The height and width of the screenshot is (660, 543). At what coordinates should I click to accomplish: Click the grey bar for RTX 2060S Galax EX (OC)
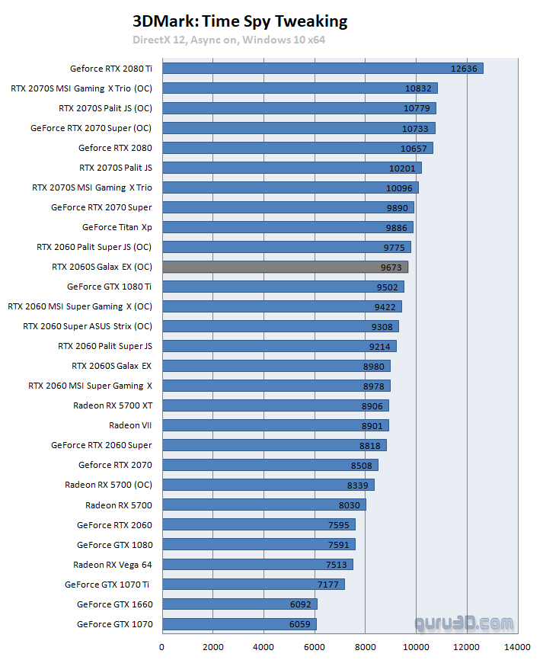pyautogui.click(x=285, y=267)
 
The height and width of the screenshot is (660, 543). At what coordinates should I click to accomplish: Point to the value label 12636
pyautogui.click(x=464, y=69)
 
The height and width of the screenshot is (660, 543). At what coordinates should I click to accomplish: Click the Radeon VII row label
pyautogui.click(x=131, y=425)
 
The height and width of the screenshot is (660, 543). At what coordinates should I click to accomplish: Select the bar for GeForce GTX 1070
pyautogui.click(x=238, y=624)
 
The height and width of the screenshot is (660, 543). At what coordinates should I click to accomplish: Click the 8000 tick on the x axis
pyautogui.click(x=365, y=647)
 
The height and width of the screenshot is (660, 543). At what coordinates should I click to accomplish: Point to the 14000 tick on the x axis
pyautogui.click(x=517, y=647)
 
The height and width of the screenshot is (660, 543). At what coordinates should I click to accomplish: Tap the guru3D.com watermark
pyautogui.click(x=464, y=624)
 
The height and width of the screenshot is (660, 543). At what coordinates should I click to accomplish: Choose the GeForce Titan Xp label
pyautogui.click(x=117, y=227)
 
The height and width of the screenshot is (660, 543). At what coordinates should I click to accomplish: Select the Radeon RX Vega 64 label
pyautogui.click(x=113, y=565)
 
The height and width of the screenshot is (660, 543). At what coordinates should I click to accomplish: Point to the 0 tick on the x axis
pyautogui.click(x=162, y=647)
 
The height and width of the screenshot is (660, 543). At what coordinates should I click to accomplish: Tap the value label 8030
pyautogui.click(x=347, y=505)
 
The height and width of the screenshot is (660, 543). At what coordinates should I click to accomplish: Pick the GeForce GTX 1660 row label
pyautogui.click(x=115, y=604)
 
